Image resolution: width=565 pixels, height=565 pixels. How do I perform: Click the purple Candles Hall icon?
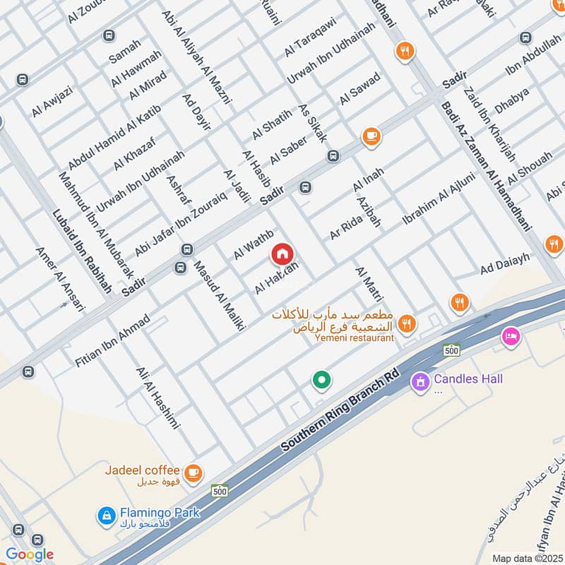[x=420, y=381]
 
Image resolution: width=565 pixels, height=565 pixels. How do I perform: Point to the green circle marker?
[x=322, y=381]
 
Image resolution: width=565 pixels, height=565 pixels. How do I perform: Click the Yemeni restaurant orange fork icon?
[x=405, y=323]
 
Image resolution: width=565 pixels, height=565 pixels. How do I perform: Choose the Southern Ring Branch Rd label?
[x=340, y=411]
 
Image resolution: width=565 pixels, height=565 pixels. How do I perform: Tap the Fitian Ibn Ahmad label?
[x=113, y=340]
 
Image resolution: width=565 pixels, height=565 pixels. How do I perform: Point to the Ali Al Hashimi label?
[x=159, y=398]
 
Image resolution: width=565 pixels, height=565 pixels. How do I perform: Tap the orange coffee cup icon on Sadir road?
[x=371, y=136]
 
